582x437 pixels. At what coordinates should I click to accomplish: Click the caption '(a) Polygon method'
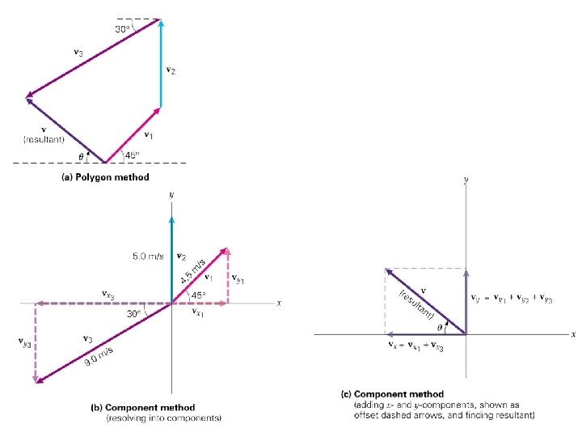[106, 176]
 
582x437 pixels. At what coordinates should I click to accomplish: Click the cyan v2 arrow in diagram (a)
[160, 65]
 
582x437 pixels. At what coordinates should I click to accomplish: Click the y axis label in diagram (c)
[466, 182]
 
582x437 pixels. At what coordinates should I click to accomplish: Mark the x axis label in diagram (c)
[573, 334]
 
